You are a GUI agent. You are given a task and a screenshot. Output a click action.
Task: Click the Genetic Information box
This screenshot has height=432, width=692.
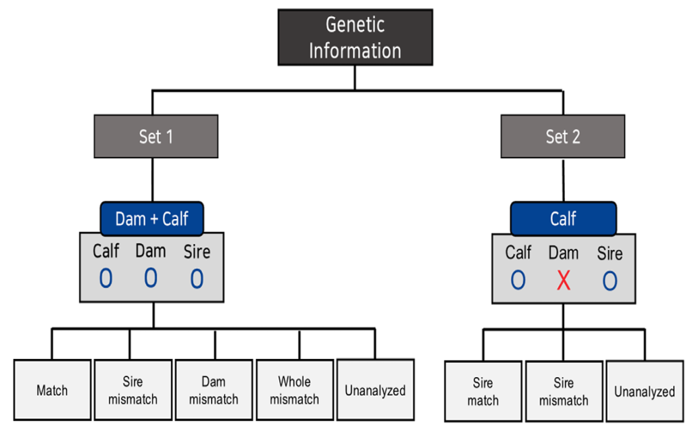coord(355,38)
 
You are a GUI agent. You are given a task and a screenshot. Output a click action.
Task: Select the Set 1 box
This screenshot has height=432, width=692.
coord(156,137)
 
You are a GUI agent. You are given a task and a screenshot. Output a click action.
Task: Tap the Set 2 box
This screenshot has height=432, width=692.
coord(563,137)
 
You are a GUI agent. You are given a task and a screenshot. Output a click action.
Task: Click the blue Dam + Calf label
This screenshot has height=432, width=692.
coord(152,218)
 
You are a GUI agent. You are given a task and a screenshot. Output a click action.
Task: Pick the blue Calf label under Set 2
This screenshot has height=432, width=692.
coord(563,218)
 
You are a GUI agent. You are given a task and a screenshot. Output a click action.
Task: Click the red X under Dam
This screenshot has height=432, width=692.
coord(564,281)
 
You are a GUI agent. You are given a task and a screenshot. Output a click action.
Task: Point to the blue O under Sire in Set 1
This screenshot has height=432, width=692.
coord(197,279)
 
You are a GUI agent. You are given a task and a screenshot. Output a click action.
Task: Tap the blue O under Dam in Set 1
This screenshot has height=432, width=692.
coord(151,279)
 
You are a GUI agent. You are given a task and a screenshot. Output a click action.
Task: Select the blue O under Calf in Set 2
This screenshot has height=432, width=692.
coord(518,280)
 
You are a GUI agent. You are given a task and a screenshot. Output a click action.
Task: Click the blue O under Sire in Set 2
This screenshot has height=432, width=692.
coord(610,281)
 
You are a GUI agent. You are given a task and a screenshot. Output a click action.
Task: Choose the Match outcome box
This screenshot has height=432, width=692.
coord(53,390)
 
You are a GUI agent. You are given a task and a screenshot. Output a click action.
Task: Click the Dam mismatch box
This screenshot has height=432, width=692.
coord(214,390)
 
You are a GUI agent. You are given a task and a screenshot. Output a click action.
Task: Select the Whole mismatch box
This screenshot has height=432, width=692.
coord(295,390)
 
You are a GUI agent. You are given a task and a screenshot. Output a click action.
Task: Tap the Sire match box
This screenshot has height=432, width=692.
coord(483,391)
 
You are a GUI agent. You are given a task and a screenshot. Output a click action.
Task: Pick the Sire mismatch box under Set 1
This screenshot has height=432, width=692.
coord(133,390)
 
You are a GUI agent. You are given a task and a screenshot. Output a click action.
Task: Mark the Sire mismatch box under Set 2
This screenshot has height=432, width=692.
coord(564,391)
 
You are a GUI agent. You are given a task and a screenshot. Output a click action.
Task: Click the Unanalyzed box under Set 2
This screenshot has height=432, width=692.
coord(645,391)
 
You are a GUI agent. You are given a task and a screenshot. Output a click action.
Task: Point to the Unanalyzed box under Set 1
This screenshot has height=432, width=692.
coord(376,389)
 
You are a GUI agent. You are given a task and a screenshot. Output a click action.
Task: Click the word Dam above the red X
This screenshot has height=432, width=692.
coord(564,253)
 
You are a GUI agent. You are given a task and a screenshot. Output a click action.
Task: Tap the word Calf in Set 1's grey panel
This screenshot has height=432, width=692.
coord(106,251)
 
